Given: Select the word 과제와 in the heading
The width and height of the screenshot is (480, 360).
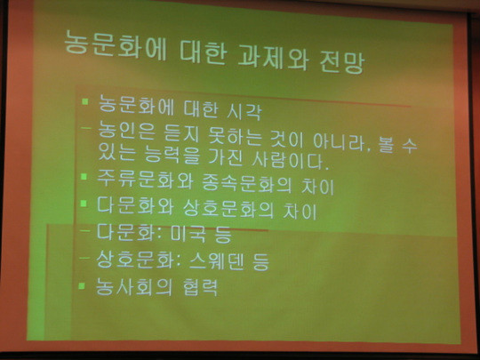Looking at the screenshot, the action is (x=273, y=58).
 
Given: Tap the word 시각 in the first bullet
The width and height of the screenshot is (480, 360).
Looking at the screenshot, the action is (x=244, y=111).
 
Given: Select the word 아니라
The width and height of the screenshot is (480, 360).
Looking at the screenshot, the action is (x=340, y=142).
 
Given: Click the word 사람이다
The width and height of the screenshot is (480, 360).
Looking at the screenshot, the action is (x=288, y=160).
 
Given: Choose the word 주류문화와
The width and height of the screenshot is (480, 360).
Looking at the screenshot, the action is (x=145, y=179).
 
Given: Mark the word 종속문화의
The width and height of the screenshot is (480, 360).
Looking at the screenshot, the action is (x=247, y=183).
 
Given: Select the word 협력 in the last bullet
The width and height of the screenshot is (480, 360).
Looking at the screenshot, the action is (x=201, y=287).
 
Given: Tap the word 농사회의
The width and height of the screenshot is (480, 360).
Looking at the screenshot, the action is (x=133, y=286).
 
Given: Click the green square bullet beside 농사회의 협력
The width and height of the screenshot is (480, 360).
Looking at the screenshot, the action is (x=82, y=285).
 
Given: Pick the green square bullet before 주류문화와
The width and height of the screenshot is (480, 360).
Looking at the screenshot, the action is (x=84, y=176).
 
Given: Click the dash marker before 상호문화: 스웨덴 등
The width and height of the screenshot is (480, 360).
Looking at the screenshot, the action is (x=84, y=258).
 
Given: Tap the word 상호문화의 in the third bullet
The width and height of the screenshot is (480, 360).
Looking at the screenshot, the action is (x=228, y=209).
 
